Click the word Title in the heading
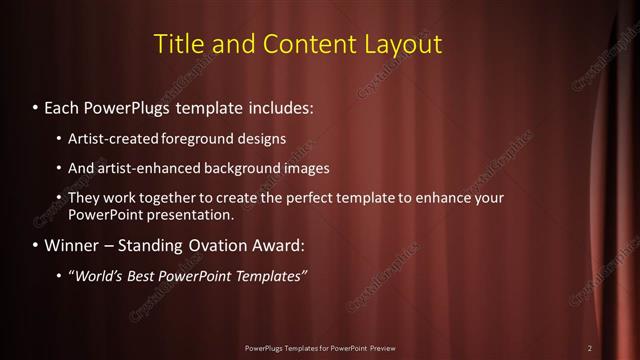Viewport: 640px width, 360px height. [180, 44]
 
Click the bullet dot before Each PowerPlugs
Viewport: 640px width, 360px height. [36, 105]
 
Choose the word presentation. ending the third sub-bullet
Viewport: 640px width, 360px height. [194, 214]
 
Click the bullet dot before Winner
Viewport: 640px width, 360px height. [36, 245]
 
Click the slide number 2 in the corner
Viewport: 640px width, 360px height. [590, 348]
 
